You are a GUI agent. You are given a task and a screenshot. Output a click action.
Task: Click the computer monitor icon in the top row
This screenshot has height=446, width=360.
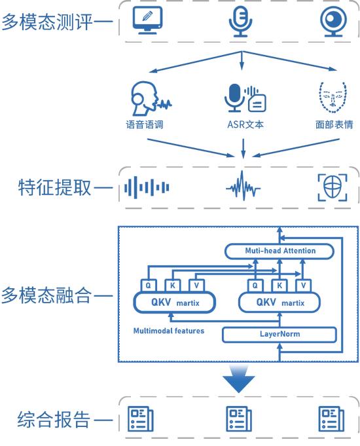(147, 20)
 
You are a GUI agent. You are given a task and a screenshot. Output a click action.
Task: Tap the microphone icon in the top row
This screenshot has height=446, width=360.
(240, 22)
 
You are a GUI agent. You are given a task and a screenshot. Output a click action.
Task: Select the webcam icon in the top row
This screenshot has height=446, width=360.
(333, 22)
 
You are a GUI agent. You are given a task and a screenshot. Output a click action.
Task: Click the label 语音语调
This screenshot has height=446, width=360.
(145, 124)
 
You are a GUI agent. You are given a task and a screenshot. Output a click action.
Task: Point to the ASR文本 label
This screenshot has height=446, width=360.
(245, 124)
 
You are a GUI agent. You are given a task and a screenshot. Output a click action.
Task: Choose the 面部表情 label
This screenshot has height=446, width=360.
(334, 124)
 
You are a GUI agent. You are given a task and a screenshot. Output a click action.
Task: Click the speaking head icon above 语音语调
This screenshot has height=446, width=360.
(151, 98)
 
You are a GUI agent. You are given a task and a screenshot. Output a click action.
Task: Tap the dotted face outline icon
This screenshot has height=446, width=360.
(333, 98)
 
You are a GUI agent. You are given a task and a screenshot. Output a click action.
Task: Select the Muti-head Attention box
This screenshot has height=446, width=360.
(279, 251)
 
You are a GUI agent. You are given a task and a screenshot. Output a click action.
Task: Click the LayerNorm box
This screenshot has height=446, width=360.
(279, 334)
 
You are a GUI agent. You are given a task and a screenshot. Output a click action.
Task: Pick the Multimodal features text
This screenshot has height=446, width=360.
(169, 331)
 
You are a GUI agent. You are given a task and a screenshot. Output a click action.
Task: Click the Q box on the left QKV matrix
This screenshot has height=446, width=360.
(149, 286)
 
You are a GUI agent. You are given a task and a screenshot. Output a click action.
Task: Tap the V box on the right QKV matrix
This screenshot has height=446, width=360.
(303, 286)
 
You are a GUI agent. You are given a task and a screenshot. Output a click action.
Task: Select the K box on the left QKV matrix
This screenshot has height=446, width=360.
(172, 286)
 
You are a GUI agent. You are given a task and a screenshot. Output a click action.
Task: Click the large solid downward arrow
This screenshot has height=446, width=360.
(238, 379)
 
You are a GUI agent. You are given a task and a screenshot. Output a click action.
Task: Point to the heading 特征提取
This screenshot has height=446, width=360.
(54, 187)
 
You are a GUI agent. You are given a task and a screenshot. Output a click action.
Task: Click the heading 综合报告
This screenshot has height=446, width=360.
(54, 420)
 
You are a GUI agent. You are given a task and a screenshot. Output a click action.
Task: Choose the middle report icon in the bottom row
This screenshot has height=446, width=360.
(238, 419)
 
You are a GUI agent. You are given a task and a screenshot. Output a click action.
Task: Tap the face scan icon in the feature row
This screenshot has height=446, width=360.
(333, 187)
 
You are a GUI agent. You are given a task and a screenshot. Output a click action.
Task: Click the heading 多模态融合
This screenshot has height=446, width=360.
(46, 295)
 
